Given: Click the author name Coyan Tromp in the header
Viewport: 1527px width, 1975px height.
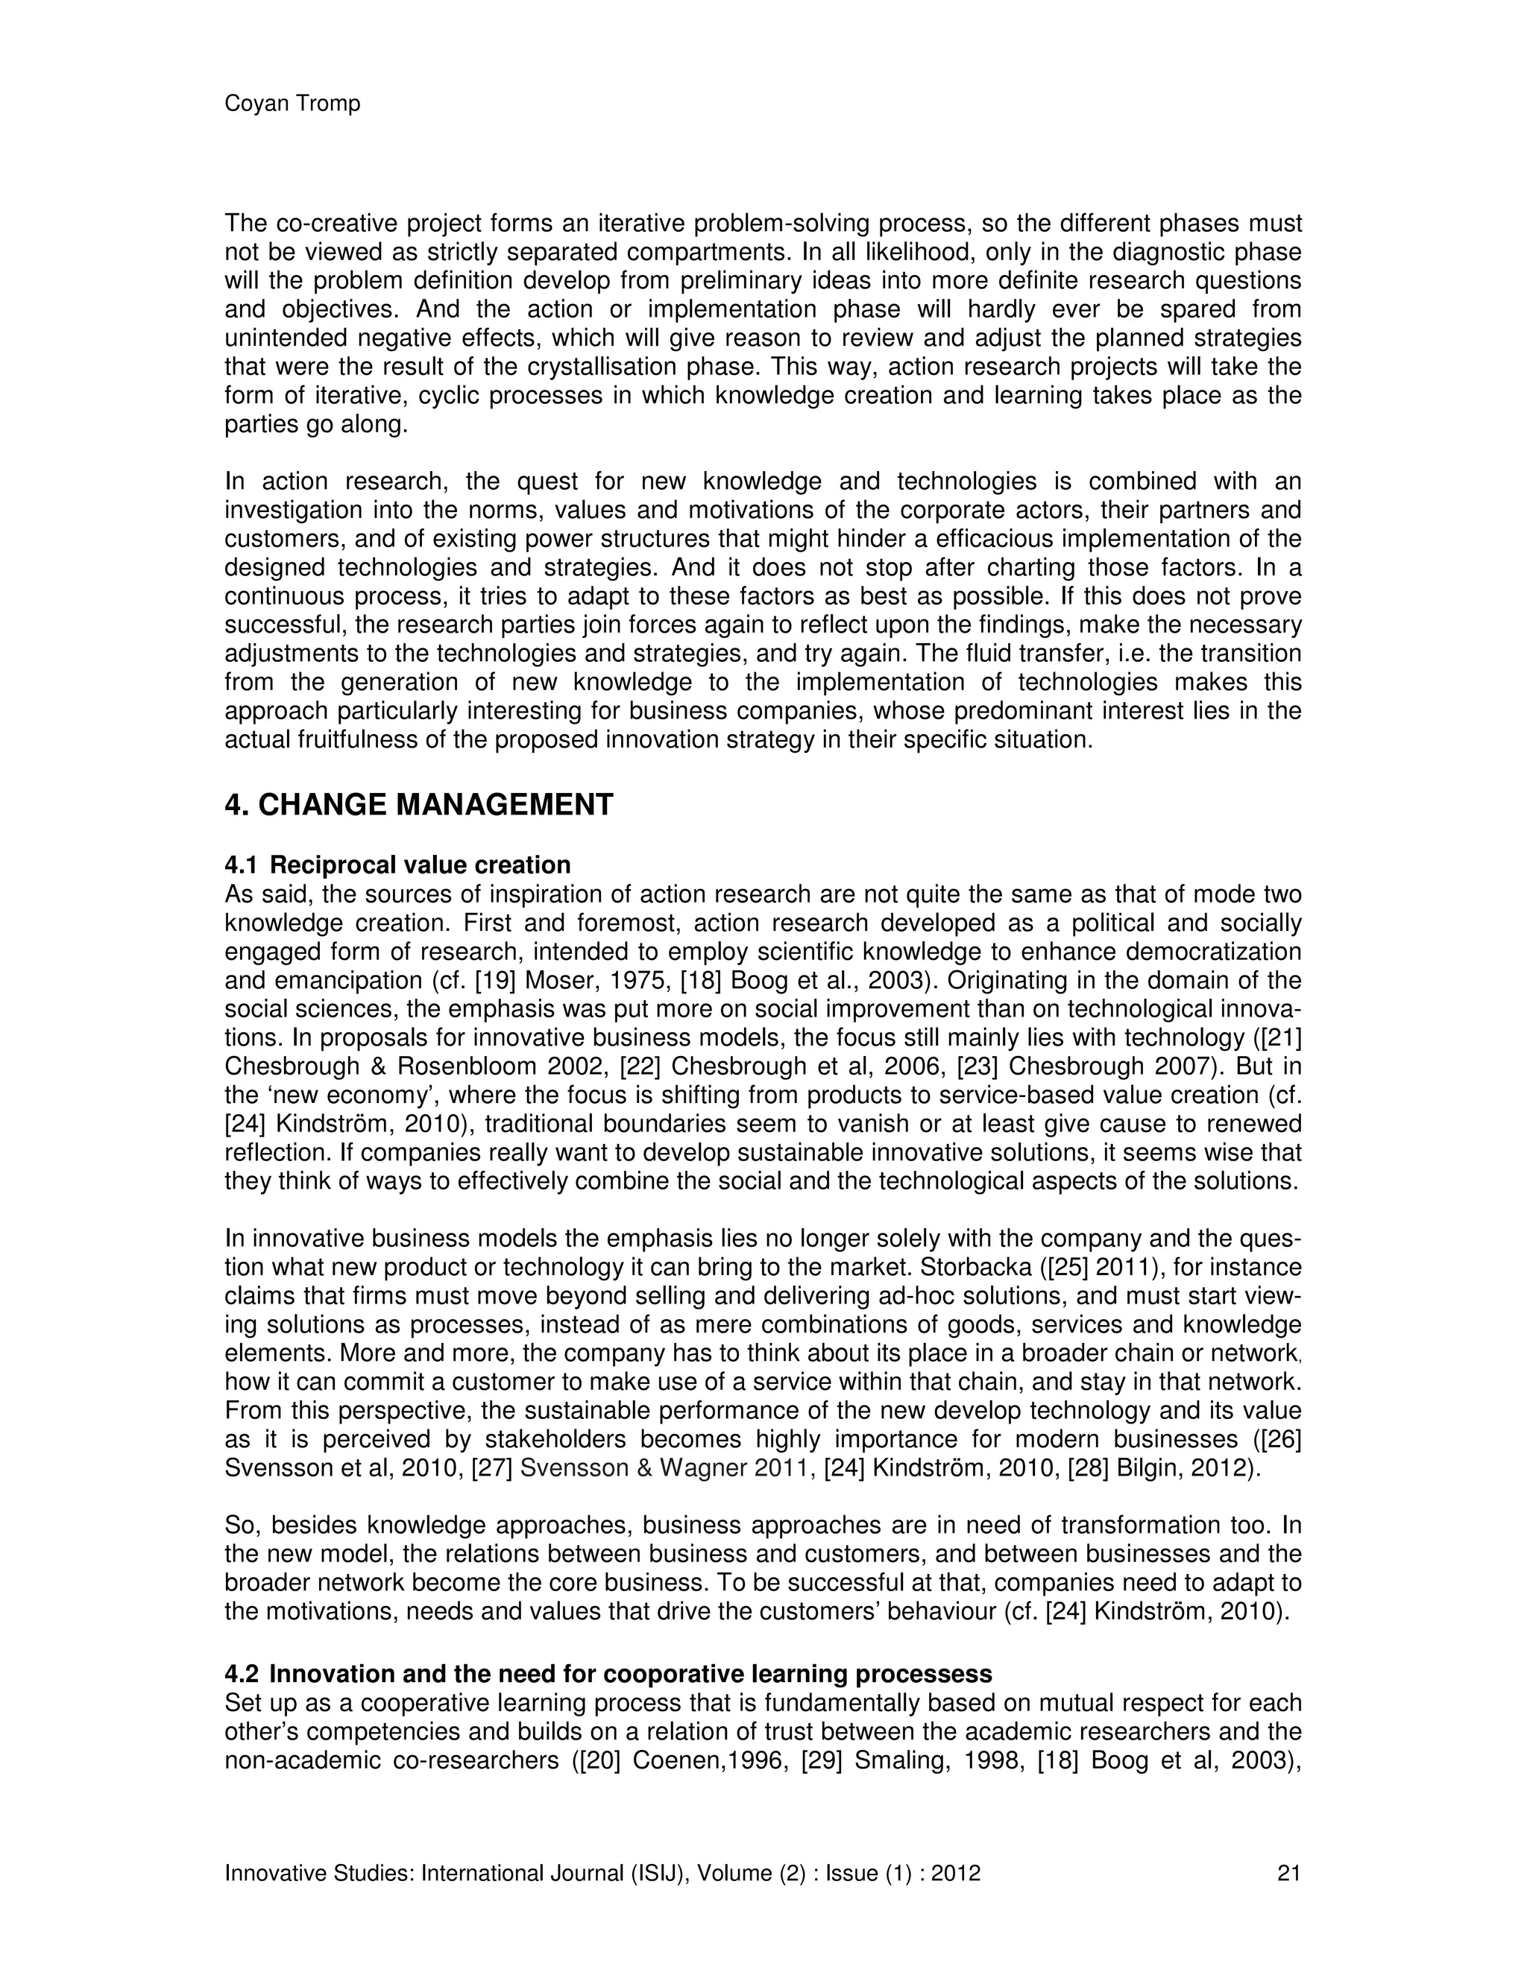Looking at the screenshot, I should pyautogui.click(x=292, y=104).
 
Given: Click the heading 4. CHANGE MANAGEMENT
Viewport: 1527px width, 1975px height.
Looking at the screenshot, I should pyautogui.click(x=419, y=805).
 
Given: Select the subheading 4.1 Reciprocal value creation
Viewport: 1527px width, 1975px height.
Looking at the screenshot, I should pyautogui.click(x=398, y=865).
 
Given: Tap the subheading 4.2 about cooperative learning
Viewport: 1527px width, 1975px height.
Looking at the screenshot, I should pyautogui.click(x=608, y=1674).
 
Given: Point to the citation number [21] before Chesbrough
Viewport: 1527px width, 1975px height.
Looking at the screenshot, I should pyautogui.click(x=1279, y=1038).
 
